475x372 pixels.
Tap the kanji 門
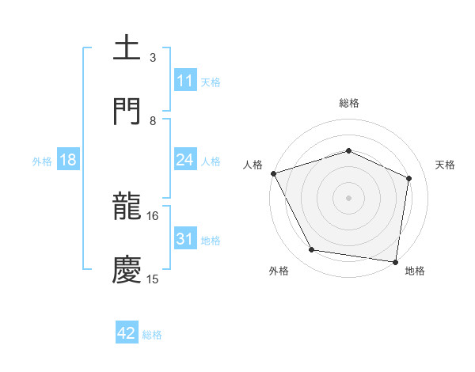tap(127, 111)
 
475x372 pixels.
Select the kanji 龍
tap(127, 207)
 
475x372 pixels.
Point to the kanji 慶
tap(127, 269)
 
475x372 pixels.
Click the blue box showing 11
tap(185, 81)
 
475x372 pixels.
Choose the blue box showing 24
tap(185, 161)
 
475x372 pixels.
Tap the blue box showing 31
tap(185, 239)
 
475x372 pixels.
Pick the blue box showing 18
tap(68, 161)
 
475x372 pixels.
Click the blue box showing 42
tap(127, 334)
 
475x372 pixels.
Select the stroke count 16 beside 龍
tap(153, 215)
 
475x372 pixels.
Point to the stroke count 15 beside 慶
tap(153, 279)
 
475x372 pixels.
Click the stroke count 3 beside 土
tap(153, 57)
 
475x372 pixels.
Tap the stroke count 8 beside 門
tap(153, 120)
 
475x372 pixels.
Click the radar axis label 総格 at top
tap(349, 103)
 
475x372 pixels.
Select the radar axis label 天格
tap(445, 165)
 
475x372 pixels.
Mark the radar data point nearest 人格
tap(273, 173)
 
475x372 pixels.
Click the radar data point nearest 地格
tap(396, 261)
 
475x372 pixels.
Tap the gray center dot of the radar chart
tap(349, 198)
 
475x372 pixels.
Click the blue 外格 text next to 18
tap(42, 161)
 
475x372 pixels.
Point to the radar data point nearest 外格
tap(312, 250)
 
